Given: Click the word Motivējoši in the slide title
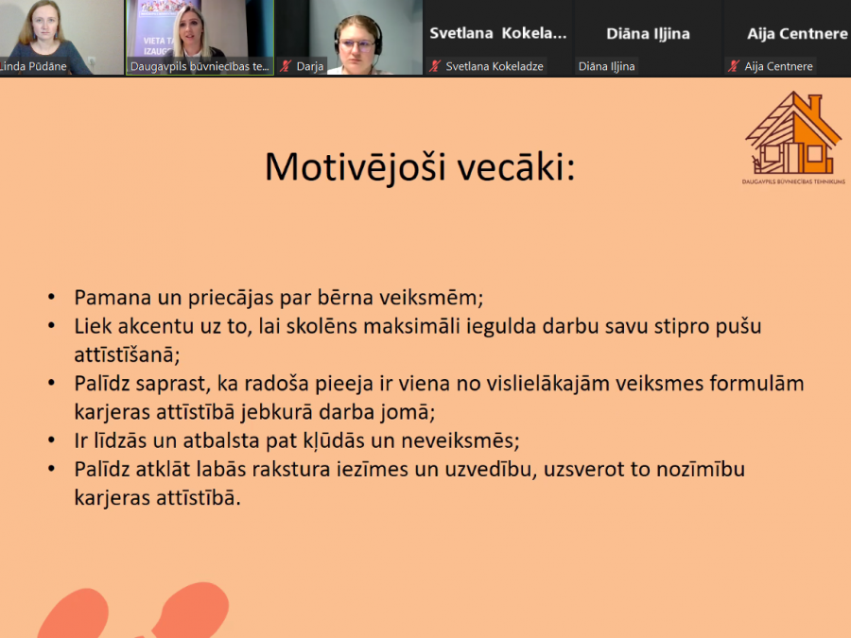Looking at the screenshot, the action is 355,166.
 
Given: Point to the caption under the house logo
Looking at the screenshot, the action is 793,181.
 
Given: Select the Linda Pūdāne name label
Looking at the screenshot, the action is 33,66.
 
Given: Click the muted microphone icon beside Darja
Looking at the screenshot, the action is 286,66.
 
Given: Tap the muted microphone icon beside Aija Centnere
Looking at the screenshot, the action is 733,66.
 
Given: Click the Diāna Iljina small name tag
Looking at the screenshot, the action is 606,66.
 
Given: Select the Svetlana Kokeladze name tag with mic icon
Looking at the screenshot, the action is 486,66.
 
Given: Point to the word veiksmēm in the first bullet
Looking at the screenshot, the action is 430,298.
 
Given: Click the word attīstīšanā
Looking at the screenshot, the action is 127,354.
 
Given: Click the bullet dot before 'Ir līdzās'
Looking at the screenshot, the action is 52,440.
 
